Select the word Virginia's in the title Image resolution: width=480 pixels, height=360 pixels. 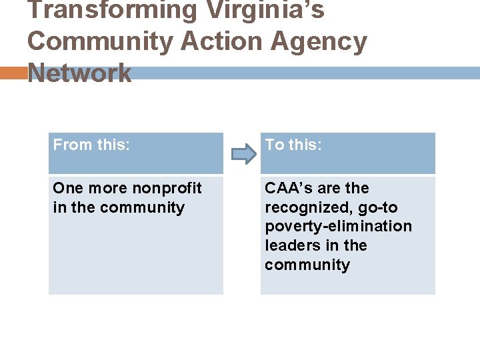click(265, 11)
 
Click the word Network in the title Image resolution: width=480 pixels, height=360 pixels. click(79, 73)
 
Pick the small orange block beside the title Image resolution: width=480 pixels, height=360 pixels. click(13, 73)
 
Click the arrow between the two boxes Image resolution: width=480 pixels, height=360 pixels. click(243, 155)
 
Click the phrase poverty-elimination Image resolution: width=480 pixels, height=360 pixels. click(338, 227)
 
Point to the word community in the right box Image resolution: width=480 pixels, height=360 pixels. click(307, 265)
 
